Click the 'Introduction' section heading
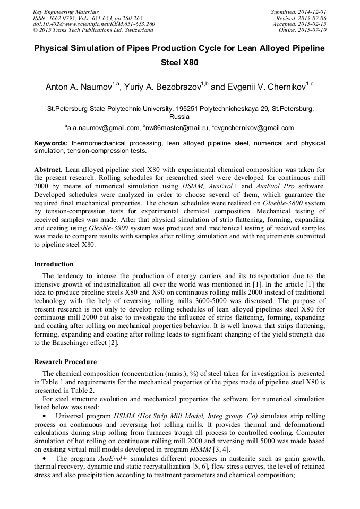click(x=54, y=264)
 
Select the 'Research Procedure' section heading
click(x=65, y=362)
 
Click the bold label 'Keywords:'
click(x=51, y=143)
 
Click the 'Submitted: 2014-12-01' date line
click(x=298, y=12)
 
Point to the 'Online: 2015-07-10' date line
click(x=303, y=30)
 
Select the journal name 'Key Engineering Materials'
click(x=66, y=12)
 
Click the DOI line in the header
click(x=94, y=24)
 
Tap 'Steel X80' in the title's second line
click(x=179, y=63)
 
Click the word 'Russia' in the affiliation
click(x=179, y=116)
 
